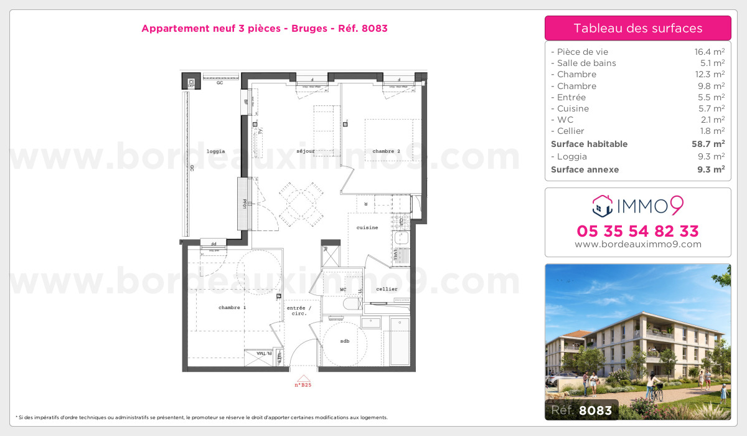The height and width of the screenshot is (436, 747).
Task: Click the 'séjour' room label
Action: click(305, 151)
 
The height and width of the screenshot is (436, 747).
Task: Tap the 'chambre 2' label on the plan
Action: click(386, 151)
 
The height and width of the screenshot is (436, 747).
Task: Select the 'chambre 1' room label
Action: click(232, 308)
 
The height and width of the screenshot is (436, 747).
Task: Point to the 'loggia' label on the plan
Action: click(215, 151)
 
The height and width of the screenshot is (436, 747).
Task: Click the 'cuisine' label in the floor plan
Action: click(367, 227)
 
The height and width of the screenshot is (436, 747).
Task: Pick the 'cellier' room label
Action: click(387, 289)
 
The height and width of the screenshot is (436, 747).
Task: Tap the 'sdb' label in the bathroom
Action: click(344, 341)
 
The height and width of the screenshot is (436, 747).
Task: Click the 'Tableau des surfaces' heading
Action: click(637, 28)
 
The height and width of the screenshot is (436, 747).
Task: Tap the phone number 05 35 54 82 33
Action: click(637, 231)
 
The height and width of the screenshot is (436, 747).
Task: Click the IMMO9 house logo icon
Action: click(602, 204)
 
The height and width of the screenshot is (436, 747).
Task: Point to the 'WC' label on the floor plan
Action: click(343, 290)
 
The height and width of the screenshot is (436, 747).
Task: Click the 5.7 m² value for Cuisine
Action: click(710, 108)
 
